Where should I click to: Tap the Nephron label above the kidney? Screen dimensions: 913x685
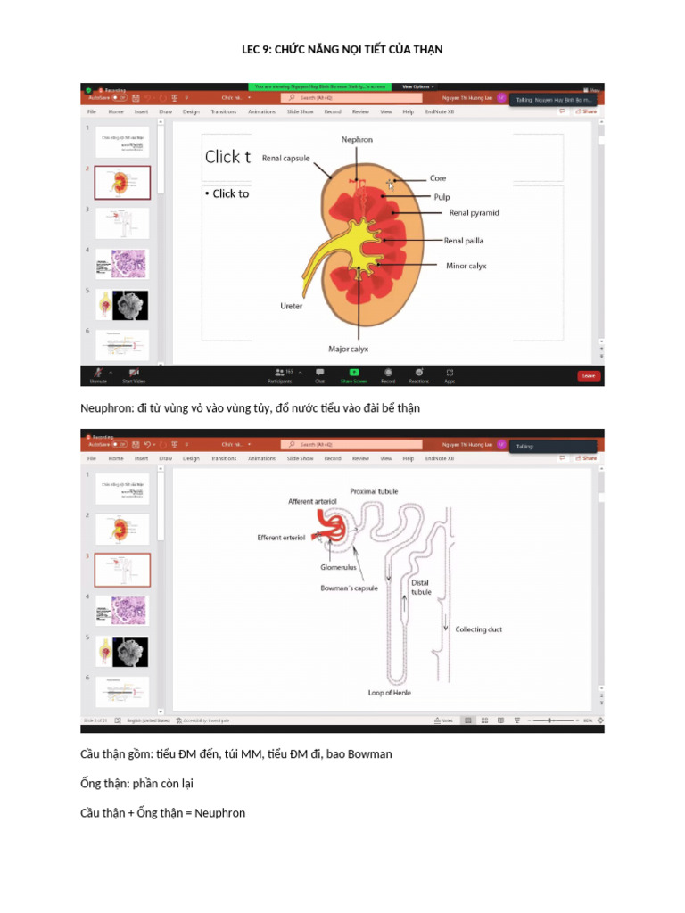click(357, 140)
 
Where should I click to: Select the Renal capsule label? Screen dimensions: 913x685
click(285, 159)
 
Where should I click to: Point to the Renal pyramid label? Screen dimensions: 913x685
click(474, 213)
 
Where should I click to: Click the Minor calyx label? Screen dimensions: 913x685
click(466, 266)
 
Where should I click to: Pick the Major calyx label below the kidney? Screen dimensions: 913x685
click(347, 349)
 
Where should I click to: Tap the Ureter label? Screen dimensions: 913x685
click(292, 306)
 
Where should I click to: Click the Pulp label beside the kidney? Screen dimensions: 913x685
click(442, 197)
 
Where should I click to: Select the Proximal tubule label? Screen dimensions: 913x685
click(374, 491)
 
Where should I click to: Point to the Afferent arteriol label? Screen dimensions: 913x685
click(312, 502)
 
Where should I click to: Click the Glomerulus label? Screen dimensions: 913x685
click(338, 567)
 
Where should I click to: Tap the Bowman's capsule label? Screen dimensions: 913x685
click(349, 588)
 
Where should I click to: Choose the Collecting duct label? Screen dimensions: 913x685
click(478, 629)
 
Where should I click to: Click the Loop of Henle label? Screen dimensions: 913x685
click(389, 693)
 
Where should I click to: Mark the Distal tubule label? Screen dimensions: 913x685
click(421, 588)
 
